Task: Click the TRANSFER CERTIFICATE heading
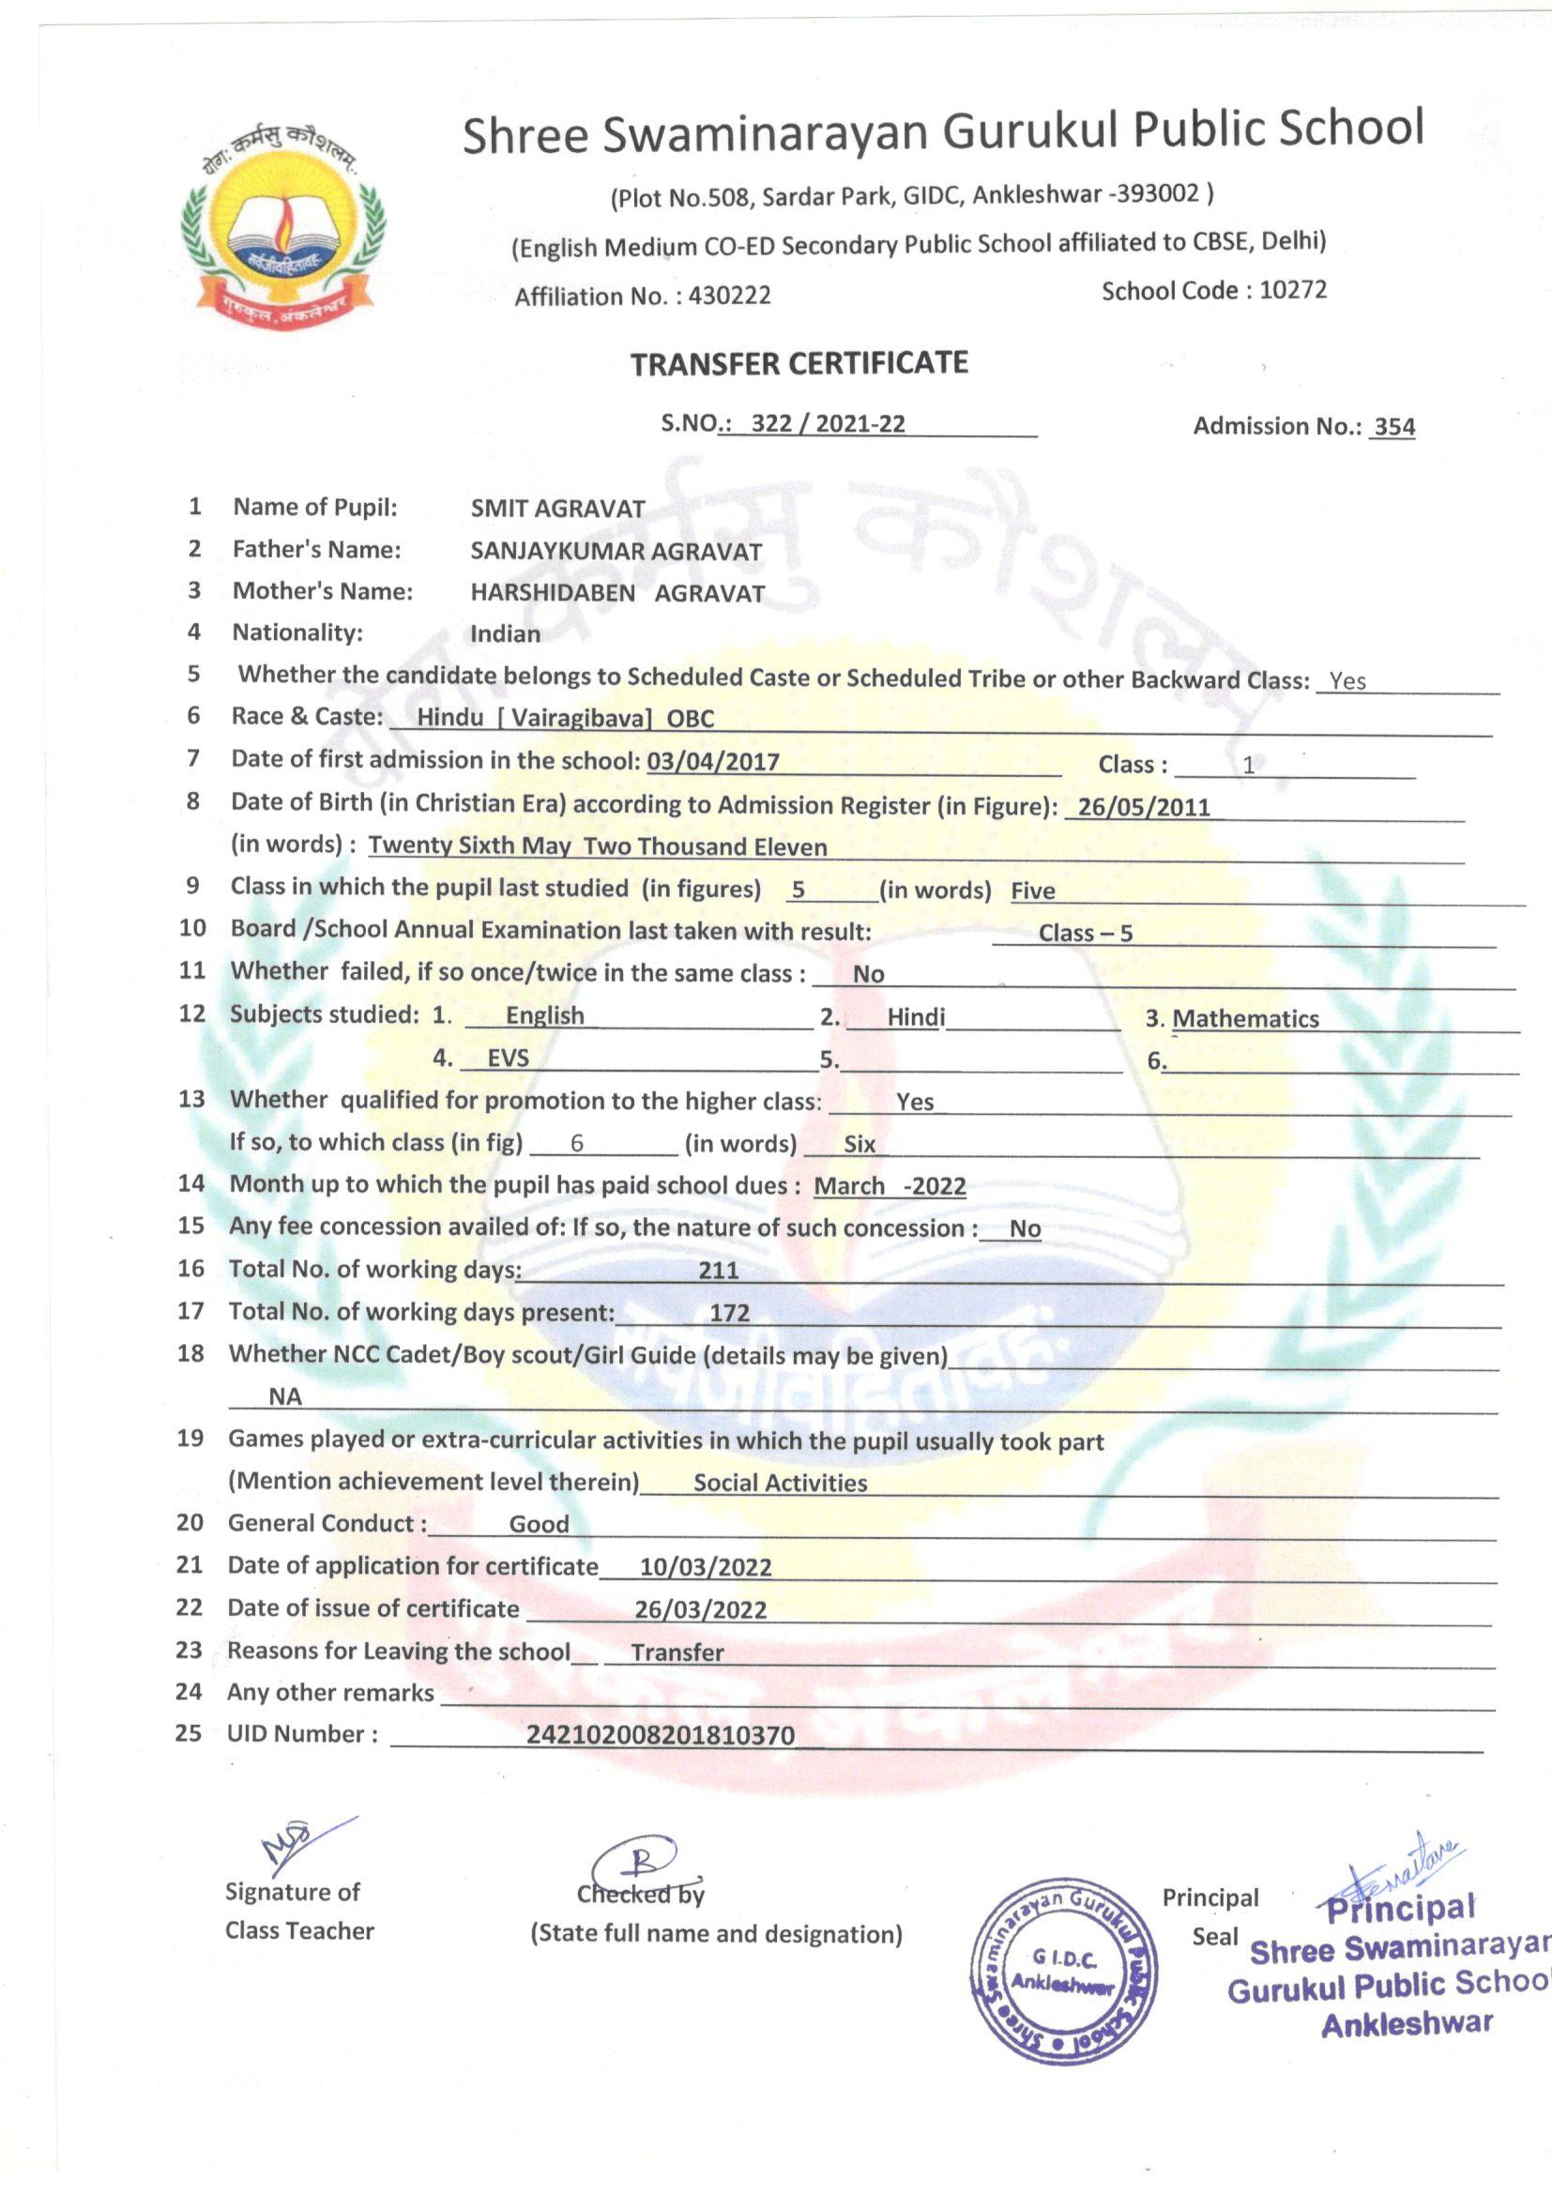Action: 799,363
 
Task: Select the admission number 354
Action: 1393,427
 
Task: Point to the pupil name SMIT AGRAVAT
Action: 558,509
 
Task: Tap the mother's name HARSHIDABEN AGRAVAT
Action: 617,593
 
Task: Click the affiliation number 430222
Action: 729,296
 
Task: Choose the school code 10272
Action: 1293,290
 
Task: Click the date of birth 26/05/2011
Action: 1144,807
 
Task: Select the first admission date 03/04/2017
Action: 713,762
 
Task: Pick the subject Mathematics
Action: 1245,1019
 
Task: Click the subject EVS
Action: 508,1058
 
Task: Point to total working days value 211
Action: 719,1270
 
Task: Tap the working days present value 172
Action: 729,1313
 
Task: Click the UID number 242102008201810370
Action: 661,1735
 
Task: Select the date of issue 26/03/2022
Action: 701,1610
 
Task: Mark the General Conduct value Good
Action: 539,1524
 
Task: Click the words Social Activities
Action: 780,1483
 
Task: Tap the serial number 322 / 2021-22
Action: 828,424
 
